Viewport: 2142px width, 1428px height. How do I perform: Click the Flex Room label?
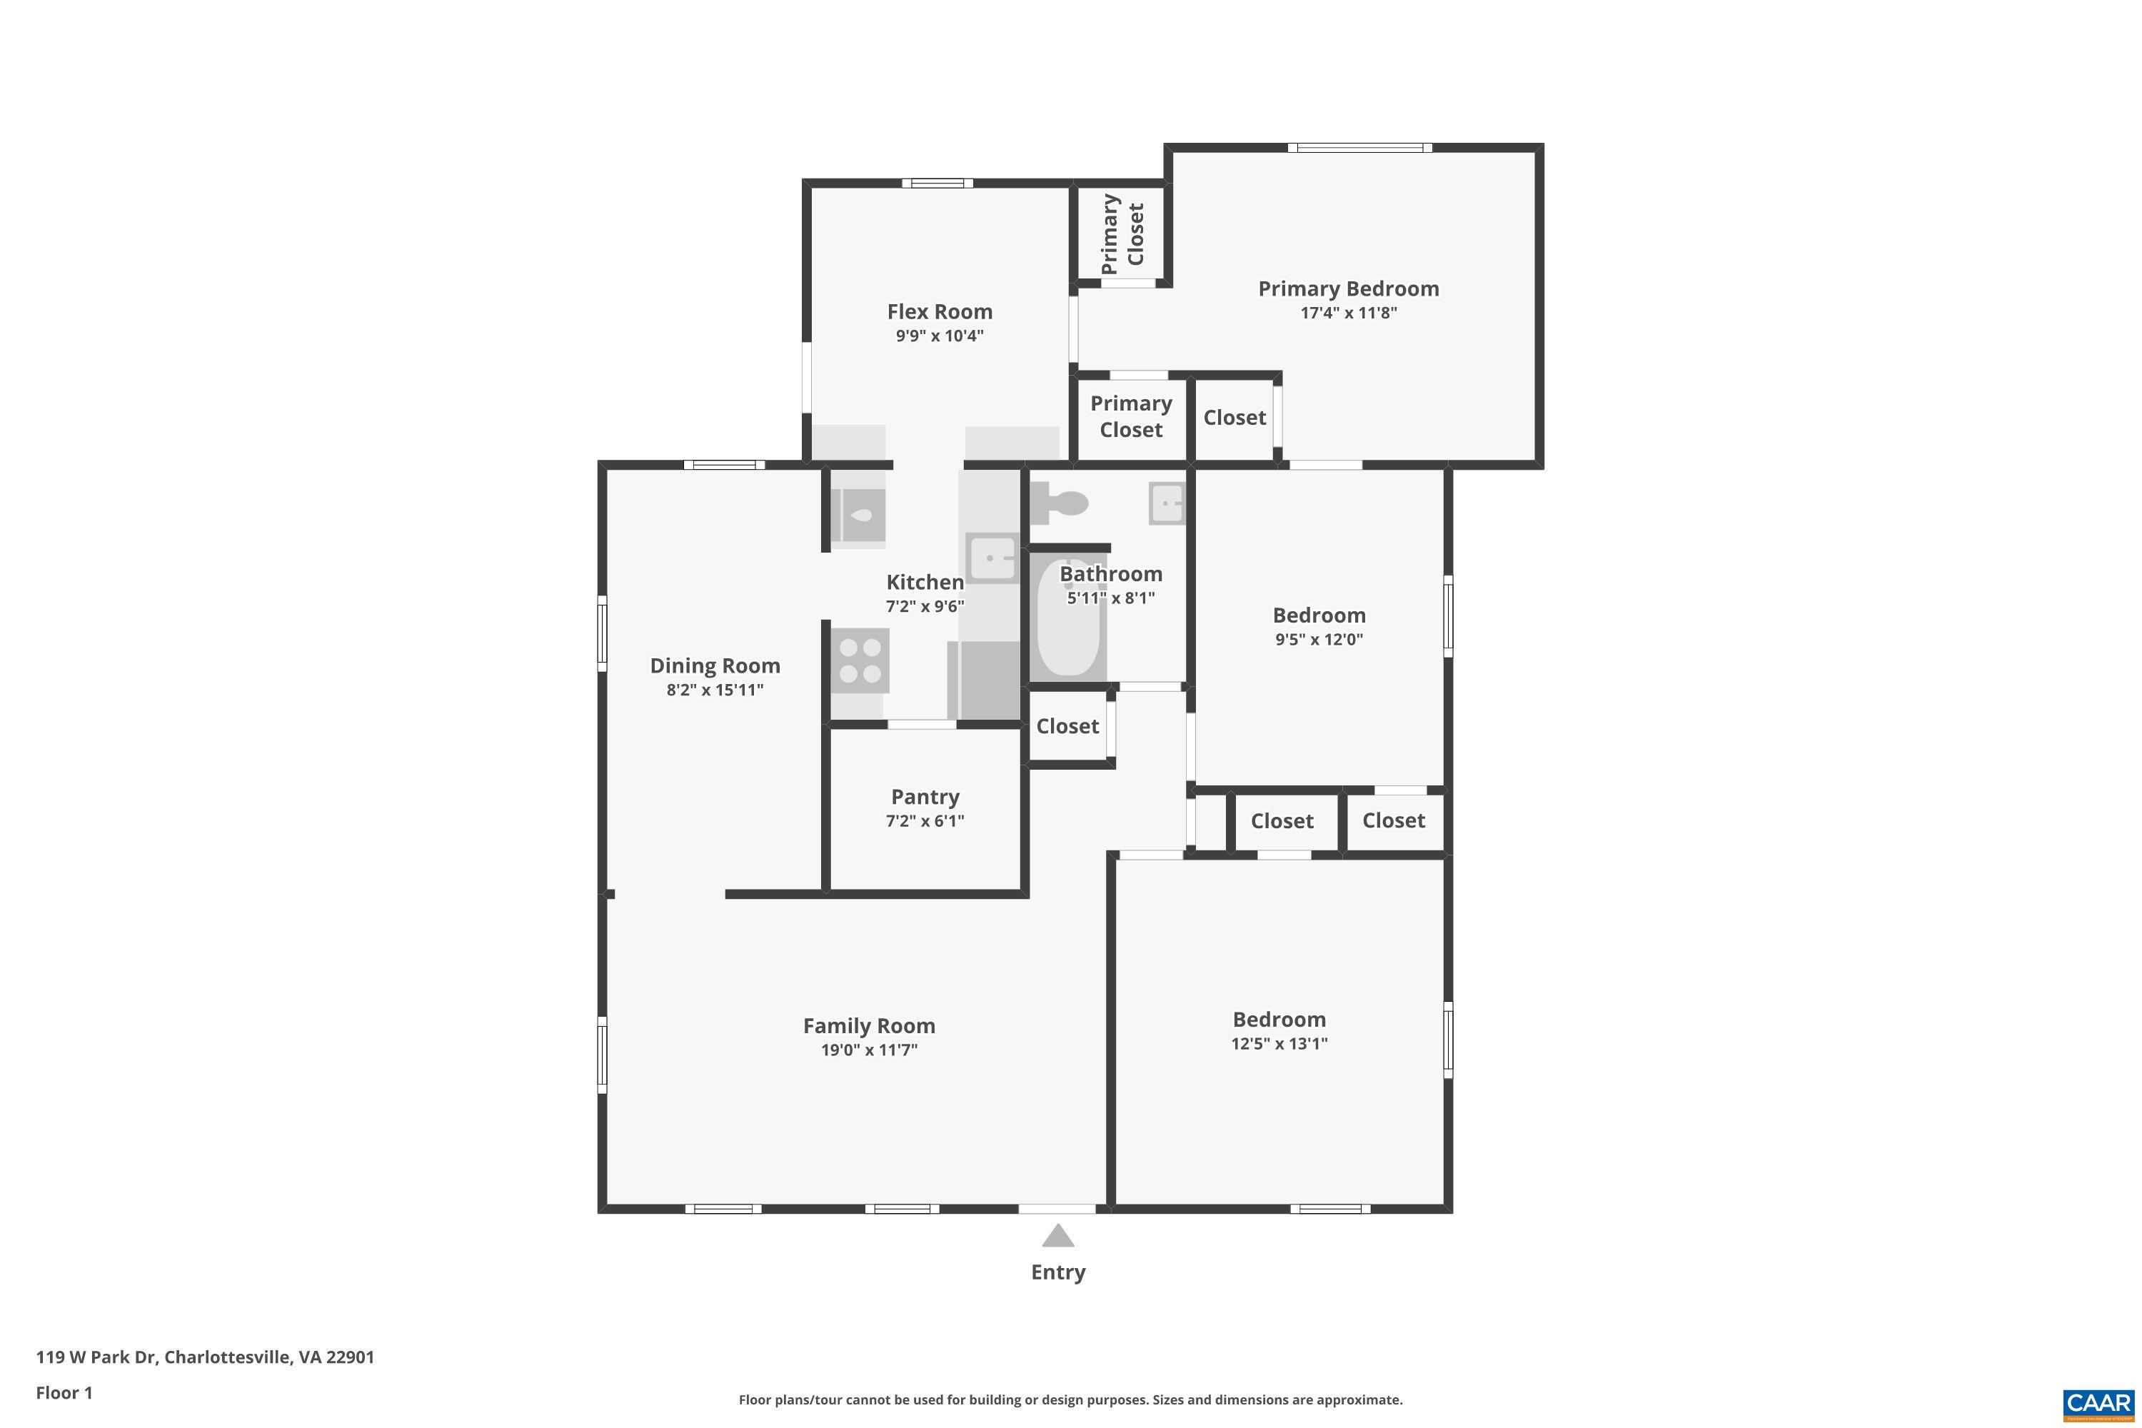[x=939, y=311]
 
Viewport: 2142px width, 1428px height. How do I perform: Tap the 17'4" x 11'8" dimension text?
[x=1348, y=313]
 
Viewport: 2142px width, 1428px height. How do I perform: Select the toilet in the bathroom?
[x=1061, y=503]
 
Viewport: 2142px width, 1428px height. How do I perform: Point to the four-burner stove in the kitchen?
[x=860, y=660]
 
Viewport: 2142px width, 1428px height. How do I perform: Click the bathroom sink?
[x=1167, y=503]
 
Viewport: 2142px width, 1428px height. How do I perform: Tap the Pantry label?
[x=925, y=797]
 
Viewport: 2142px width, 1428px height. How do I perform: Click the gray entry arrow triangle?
[x=1057, y=1236]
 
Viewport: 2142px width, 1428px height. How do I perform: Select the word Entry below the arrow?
[x=1057, y=1272]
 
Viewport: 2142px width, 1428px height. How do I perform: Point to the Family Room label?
[x=869, y=1025]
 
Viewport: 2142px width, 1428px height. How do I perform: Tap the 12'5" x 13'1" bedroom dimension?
[x=1279, y=1044]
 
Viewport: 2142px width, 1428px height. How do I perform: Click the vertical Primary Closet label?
[x=1122, y=233]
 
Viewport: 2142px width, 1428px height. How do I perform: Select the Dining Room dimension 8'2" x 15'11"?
[x=714, y=690]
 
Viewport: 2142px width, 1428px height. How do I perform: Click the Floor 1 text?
[x=64, y=1392]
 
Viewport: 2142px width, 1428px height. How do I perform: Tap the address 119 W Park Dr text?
[x=205, y=1357]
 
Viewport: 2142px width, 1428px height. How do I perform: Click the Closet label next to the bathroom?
[x=1067, y=726]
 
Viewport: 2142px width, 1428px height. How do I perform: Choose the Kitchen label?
[x=925, y=582]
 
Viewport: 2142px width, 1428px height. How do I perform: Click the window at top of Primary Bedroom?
[x=1359, y=148]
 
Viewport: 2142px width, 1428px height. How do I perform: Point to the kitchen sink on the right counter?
[x=991, y=558]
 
